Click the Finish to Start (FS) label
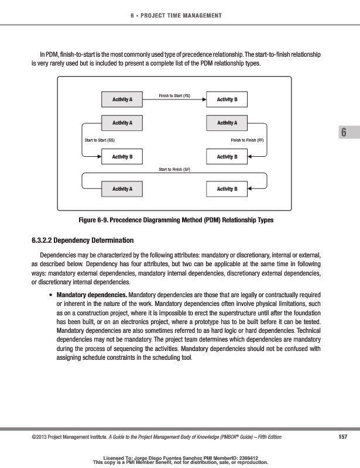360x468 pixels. coord(175,95)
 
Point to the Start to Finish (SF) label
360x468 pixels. coord(174,169)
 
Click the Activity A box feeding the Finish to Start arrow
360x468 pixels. coord(122,100)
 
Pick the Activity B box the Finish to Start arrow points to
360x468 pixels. coord(227,100)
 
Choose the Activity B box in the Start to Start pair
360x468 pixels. coord(122,157)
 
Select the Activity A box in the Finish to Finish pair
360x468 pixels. coord(227,123)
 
